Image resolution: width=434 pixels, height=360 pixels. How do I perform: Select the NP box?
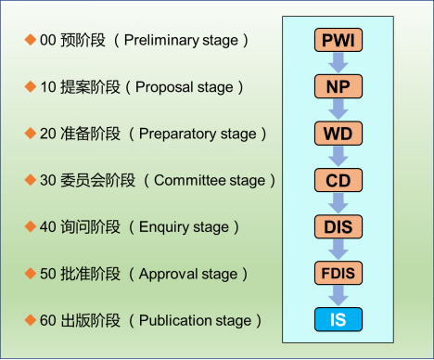pos(338,86)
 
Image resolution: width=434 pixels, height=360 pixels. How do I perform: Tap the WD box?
pos(338,133)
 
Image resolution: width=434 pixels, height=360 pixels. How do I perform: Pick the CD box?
pos(338,179)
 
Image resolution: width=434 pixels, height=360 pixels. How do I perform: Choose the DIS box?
pos(338,226)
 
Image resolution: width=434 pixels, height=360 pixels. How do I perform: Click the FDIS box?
pos(338,274)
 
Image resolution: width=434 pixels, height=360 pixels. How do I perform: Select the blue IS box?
pos(338,320)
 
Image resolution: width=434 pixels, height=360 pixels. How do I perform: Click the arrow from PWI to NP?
pos(338,63)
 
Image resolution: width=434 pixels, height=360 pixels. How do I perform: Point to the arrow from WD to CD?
pos(338,156)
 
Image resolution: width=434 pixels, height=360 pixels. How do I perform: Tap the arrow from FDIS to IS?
pos(338,297)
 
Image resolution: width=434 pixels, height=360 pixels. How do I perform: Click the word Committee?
pos(190,180)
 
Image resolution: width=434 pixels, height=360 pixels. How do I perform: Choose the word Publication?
pos(173,321)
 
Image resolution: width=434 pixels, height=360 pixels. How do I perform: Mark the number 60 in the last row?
pos(48,321)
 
